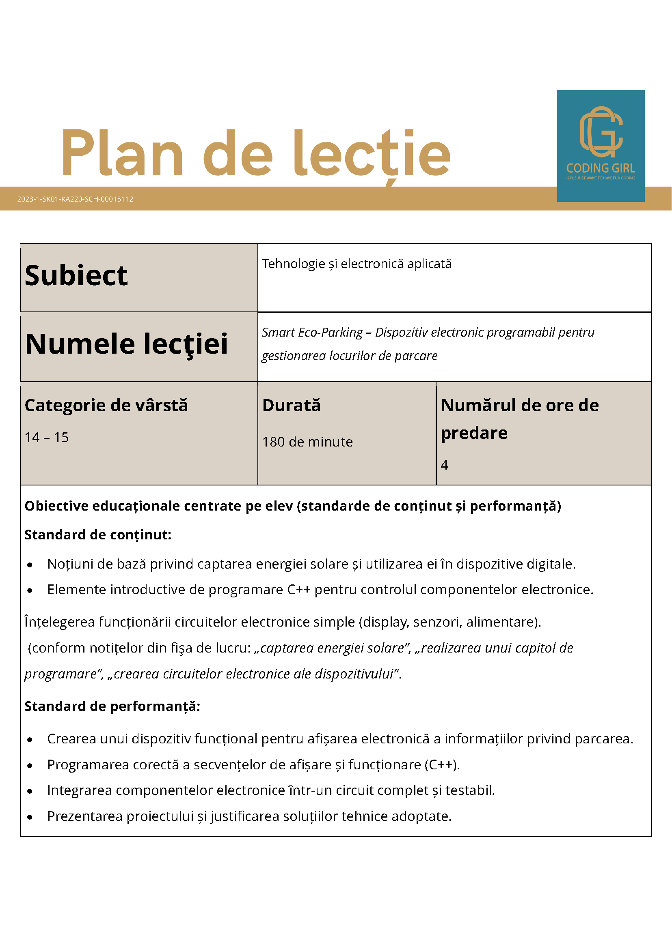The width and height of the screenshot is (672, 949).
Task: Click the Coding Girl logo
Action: pos(601,146)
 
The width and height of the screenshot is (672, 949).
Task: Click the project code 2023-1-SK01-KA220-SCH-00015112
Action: pos(75,199)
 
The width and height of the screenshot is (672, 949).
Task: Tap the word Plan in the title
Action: pos(122,153)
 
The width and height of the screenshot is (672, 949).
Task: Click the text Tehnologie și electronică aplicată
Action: pos(356,264)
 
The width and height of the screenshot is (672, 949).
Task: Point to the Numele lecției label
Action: pos(126,344)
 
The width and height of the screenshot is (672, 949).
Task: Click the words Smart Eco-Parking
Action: pos(312,332)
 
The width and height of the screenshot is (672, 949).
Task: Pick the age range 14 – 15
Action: pos(47,437)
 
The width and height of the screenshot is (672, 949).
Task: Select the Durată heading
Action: pos(291,406)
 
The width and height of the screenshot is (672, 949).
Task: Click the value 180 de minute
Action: pos(307,442)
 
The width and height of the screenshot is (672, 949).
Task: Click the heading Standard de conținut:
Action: pos(98,535)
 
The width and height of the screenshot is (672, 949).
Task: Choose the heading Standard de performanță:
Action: pos(112,706)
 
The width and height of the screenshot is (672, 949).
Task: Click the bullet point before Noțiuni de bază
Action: pos(30,565)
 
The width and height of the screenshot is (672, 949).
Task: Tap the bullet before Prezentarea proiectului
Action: pos(30,817)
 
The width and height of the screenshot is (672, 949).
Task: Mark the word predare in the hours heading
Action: pos(474,433)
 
